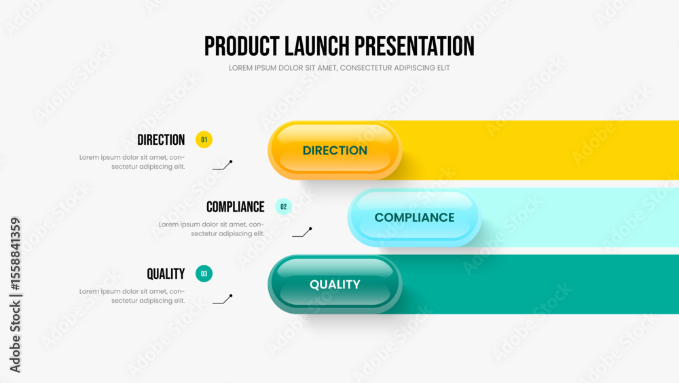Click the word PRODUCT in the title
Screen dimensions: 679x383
(x=242, y=46)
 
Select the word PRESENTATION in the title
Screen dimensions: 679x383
(x=414, y=46)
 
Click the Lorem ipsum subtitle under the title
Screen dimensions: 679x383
(x=339, y=68)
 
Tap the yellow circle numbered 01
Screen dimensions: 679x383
(x=204, y=139)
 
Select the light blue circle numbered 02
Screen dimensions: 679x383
(x=284, y=206)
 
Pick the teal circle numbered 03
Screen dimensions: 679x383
(x=204, y=273)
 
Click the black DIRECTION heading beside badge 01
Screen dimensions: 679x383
(x=161, y=139)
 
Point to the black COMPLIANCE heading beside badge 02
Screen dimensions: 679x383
(x=235, y=207)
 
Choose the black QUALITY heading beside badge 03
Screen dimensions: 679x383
(x=166, y=273)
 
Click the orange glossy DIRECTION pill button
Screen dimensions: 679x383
(x=335, y=150)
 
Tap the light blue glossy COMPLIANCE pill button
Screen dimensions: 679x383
(x=414, y=217)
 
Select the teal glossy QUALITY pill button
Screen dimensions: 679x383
(x=335, y=284)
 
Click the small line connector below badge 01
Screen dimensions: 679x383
(x=223, y=166)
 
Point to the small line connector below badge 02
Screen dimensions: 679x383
(x=302, y=233)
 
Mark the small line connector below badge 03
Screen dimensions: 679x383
(x=223, y=300)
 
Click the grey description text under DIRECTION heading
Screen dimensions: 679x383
(x=132, y=162)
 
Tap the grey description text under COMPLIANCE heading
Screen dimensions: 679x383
(x=211, y=229)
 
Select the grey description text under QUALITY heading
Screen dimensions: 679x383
(x=132, y=296)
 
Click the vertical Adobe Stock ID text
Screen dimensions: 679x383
(x=15, y=295)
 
